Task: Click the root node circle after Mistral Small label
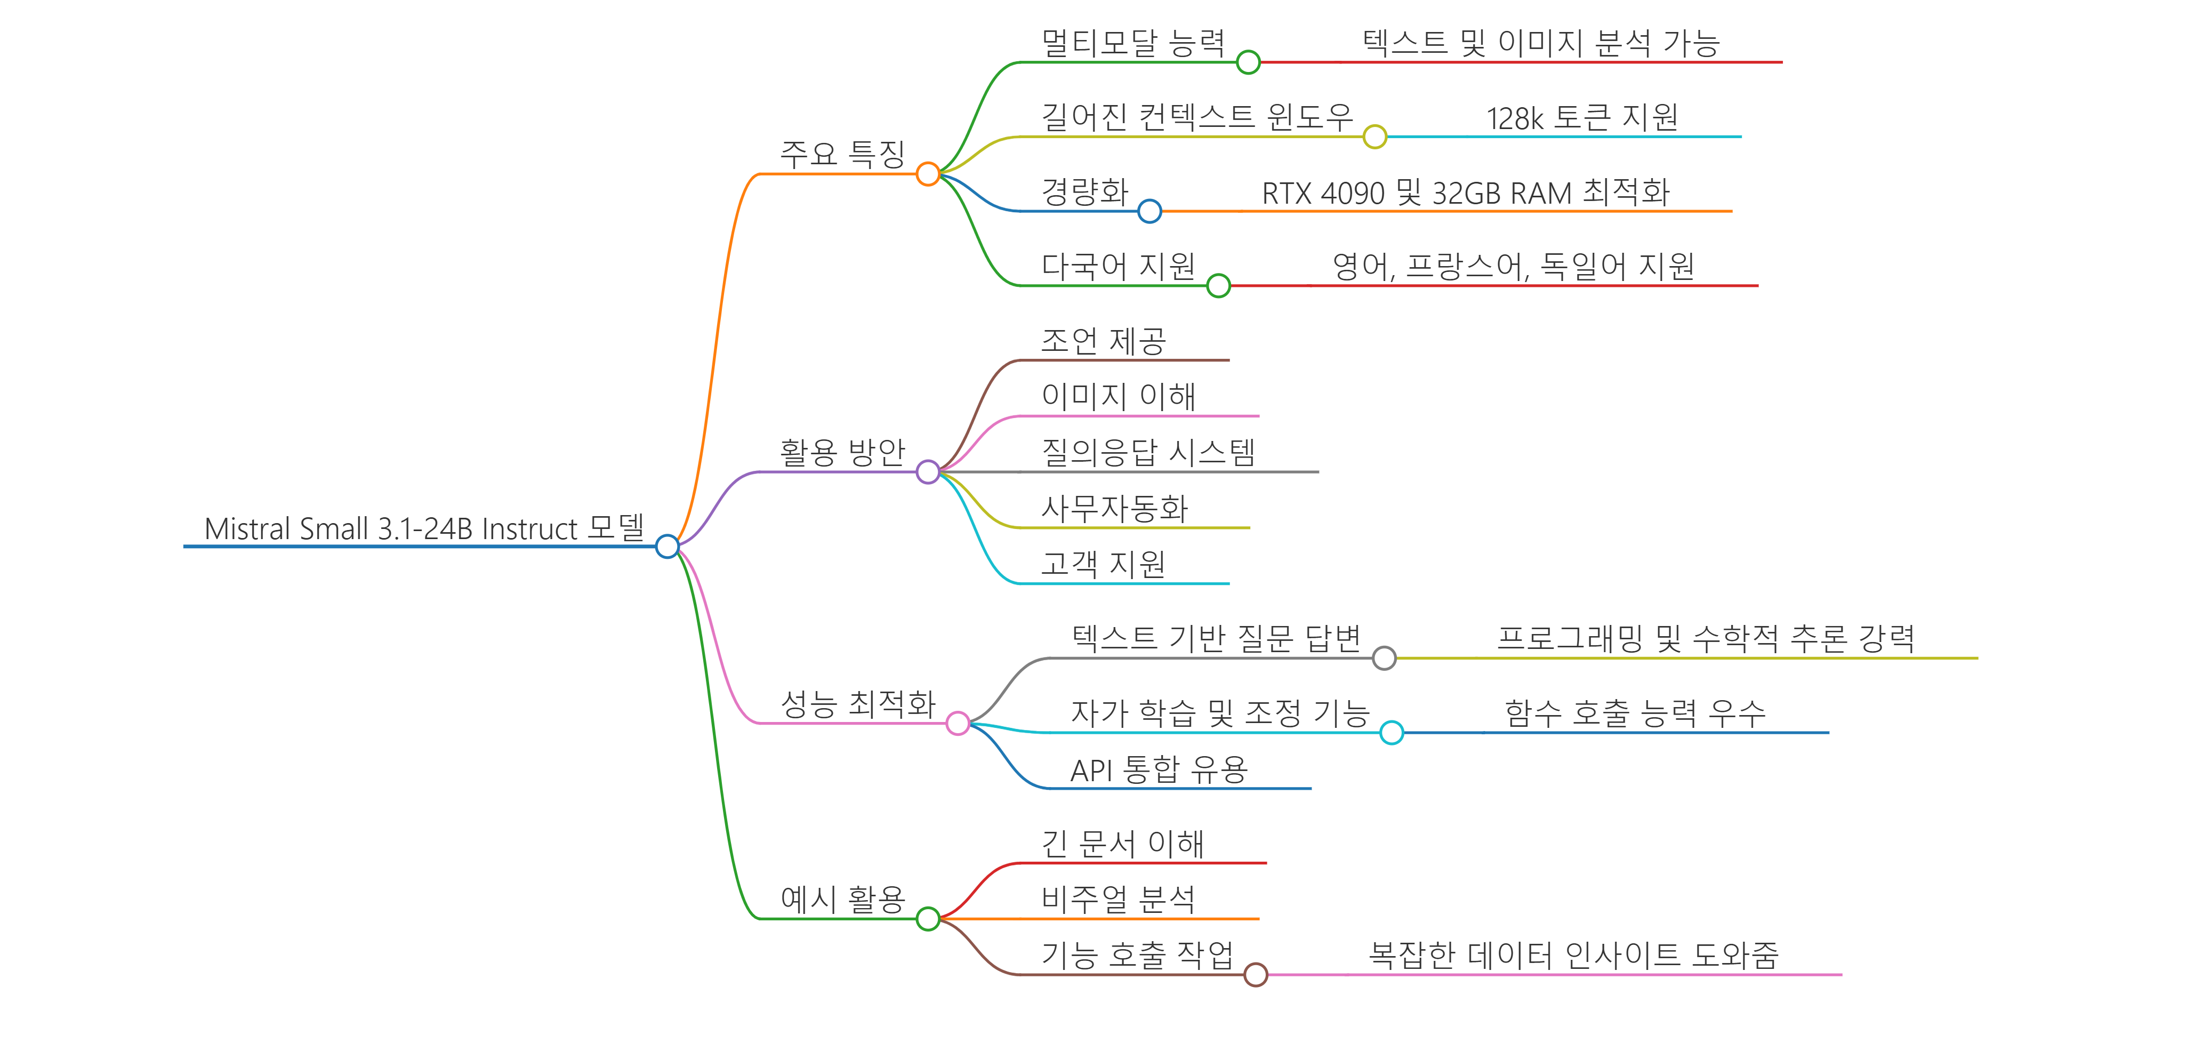[x=667, y=546]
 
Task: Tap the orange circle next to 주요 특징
[x=928, y=174]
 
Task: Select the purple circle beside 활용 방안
[x=928, y=471]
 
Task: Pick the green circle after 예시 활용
[x=928, y=919]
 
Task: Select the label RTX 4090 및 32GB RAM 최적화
[x=1465, y=192]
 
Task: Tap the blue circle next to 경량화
[x=1149, y=211]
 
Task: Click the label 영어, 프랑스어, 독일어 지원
[x=1513, y=266]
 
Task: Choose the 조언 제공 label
[x=1103, y=341]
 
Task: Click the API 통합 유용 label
[x=1159, y=769]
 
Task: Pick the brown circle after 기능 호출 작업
[x=1256, y=975]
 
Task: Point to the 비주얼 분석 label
[x=1117, y=899]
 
